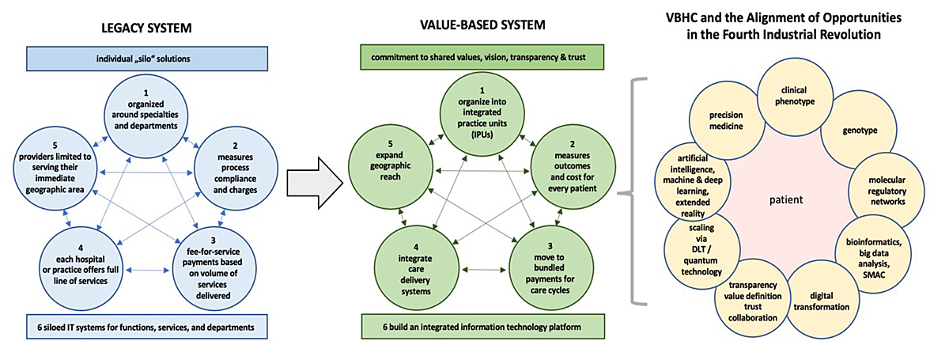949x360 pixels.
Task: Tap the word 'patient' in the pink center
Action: point(786,199)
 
